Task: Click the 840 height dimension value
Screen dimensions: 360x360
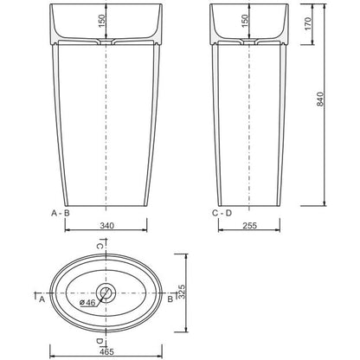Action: (x=320, y=99)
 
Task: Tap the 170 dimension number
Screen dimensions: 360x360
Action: (x=308, y=24)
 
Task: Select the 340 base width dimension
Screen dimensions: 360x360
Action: (x=106, y=225)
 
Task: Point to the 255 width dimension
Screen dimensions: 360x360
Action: (x=249, y=225)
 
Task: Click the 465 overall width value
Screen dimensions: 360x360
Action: (x=107, y=351)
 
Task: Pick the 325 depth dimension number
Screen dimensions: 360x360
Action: (x=181, y=292)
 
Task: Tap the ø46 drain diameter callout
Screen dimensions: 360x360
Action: (x=87, y=303)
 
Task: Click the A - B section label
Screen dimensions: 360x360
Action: (x=61, y=213)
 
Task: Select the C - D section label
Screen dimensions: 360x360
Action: (x=222, y=213)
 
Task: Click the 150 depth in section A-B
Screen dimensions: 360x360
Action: (x=102, y=21)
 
